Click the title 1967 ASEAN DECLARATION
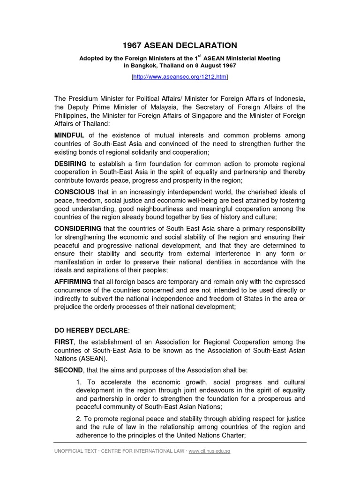click(180, 45)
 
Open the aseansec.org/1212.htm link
click(180, 76)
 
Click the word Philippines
click(72, 115)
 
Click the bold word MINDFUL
click(70, 135)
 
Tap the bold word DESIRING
click(71, 164)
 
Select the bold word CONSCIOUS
click(75, 192)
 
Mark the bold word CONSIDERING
click(78, 228)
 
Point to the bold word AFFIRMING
click(73, 282)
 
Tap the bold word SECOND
click(68, 370)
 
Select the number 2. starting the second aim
click(79, 419)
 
